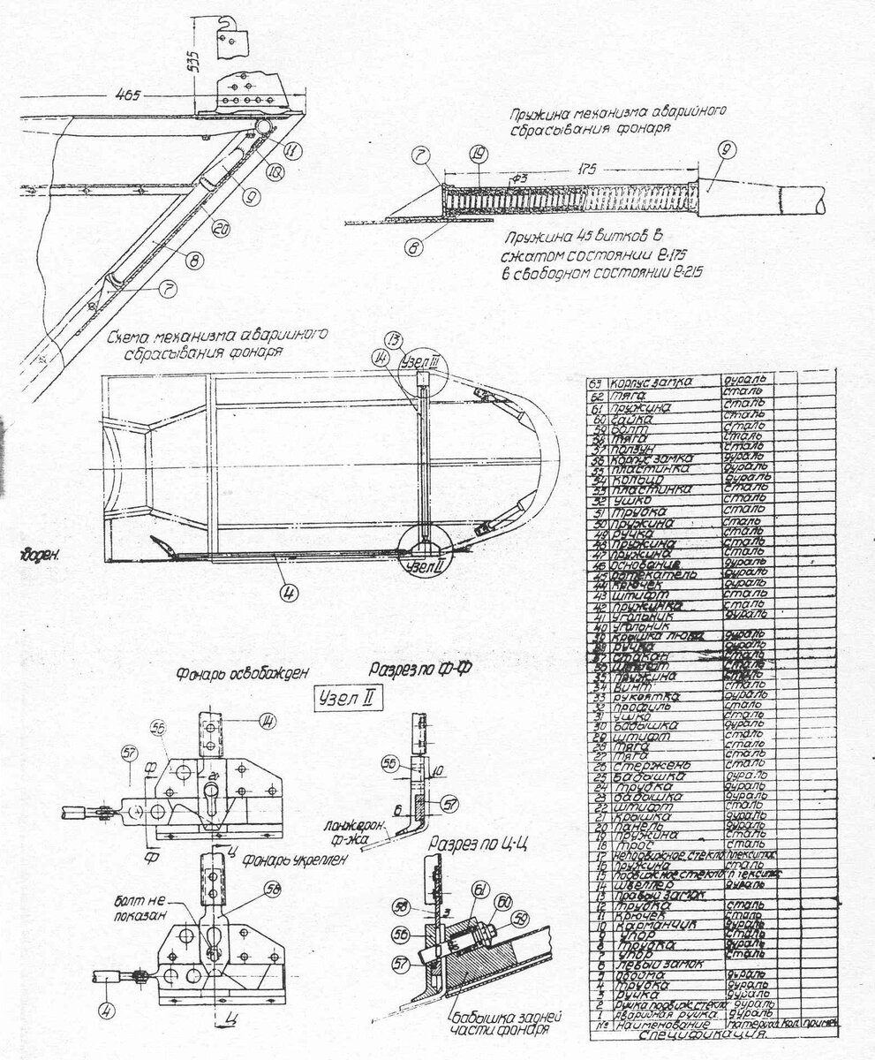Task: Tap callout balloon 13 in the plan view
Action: [394, 342]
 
